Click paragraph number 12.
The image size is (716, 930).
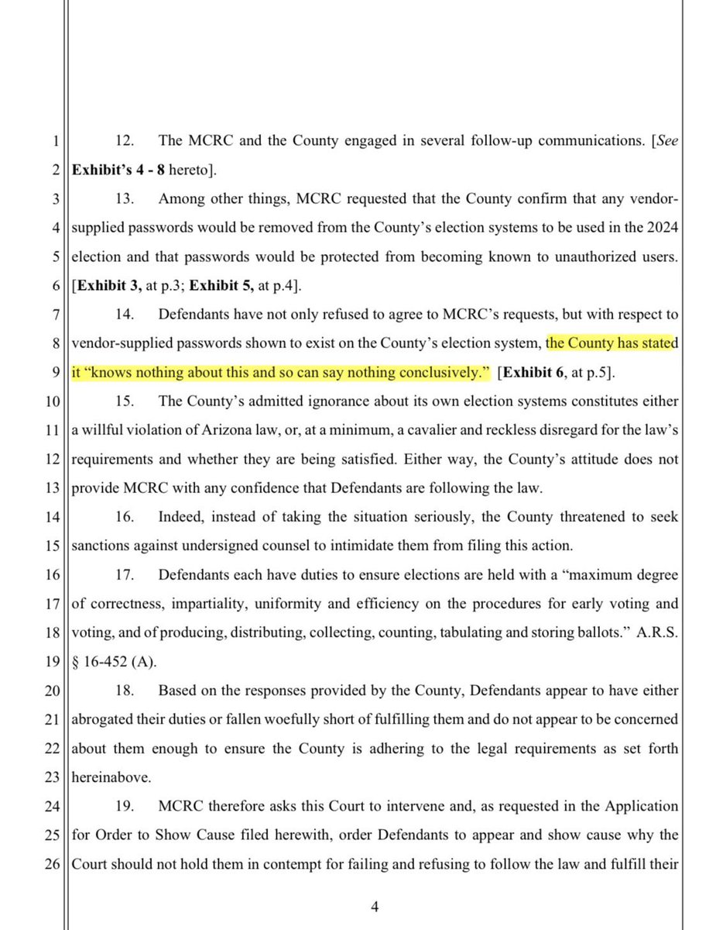125,142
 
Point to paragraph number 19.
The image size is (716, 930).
125,807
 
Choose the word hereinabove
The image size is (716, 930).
111,778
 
